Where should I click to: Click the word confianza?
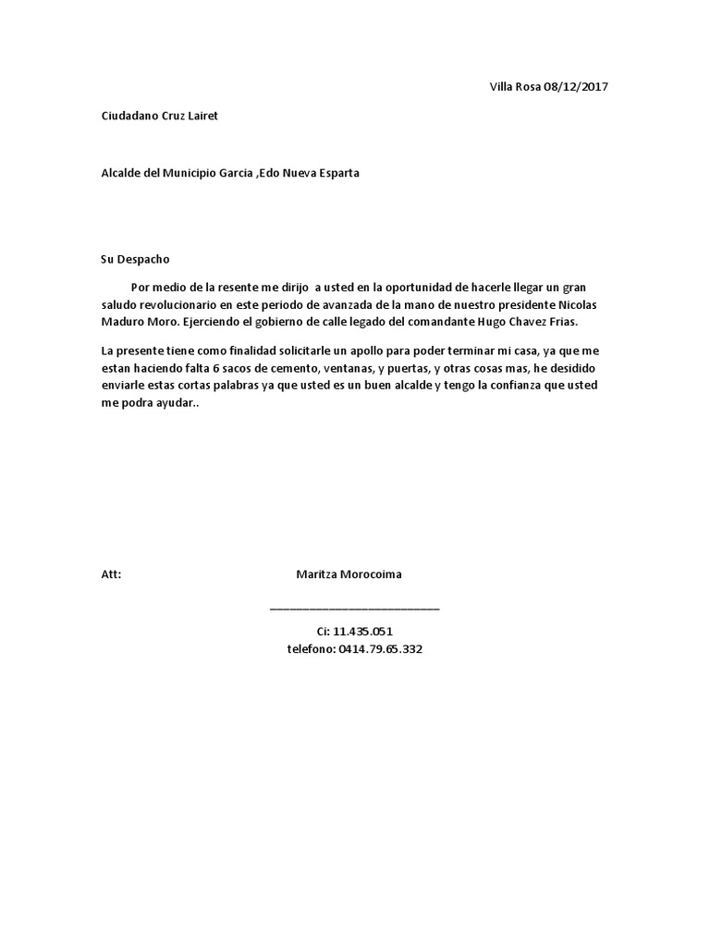pyautogui.click(x=511, y=384)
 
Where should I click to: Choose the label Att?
pyautogui.click(x=110, y=574)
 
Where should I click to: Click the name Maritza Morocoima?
pyautogui.click(x=349, y=574)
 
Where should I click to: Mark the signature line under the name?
pyautogui.click(x=354, y=609)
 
